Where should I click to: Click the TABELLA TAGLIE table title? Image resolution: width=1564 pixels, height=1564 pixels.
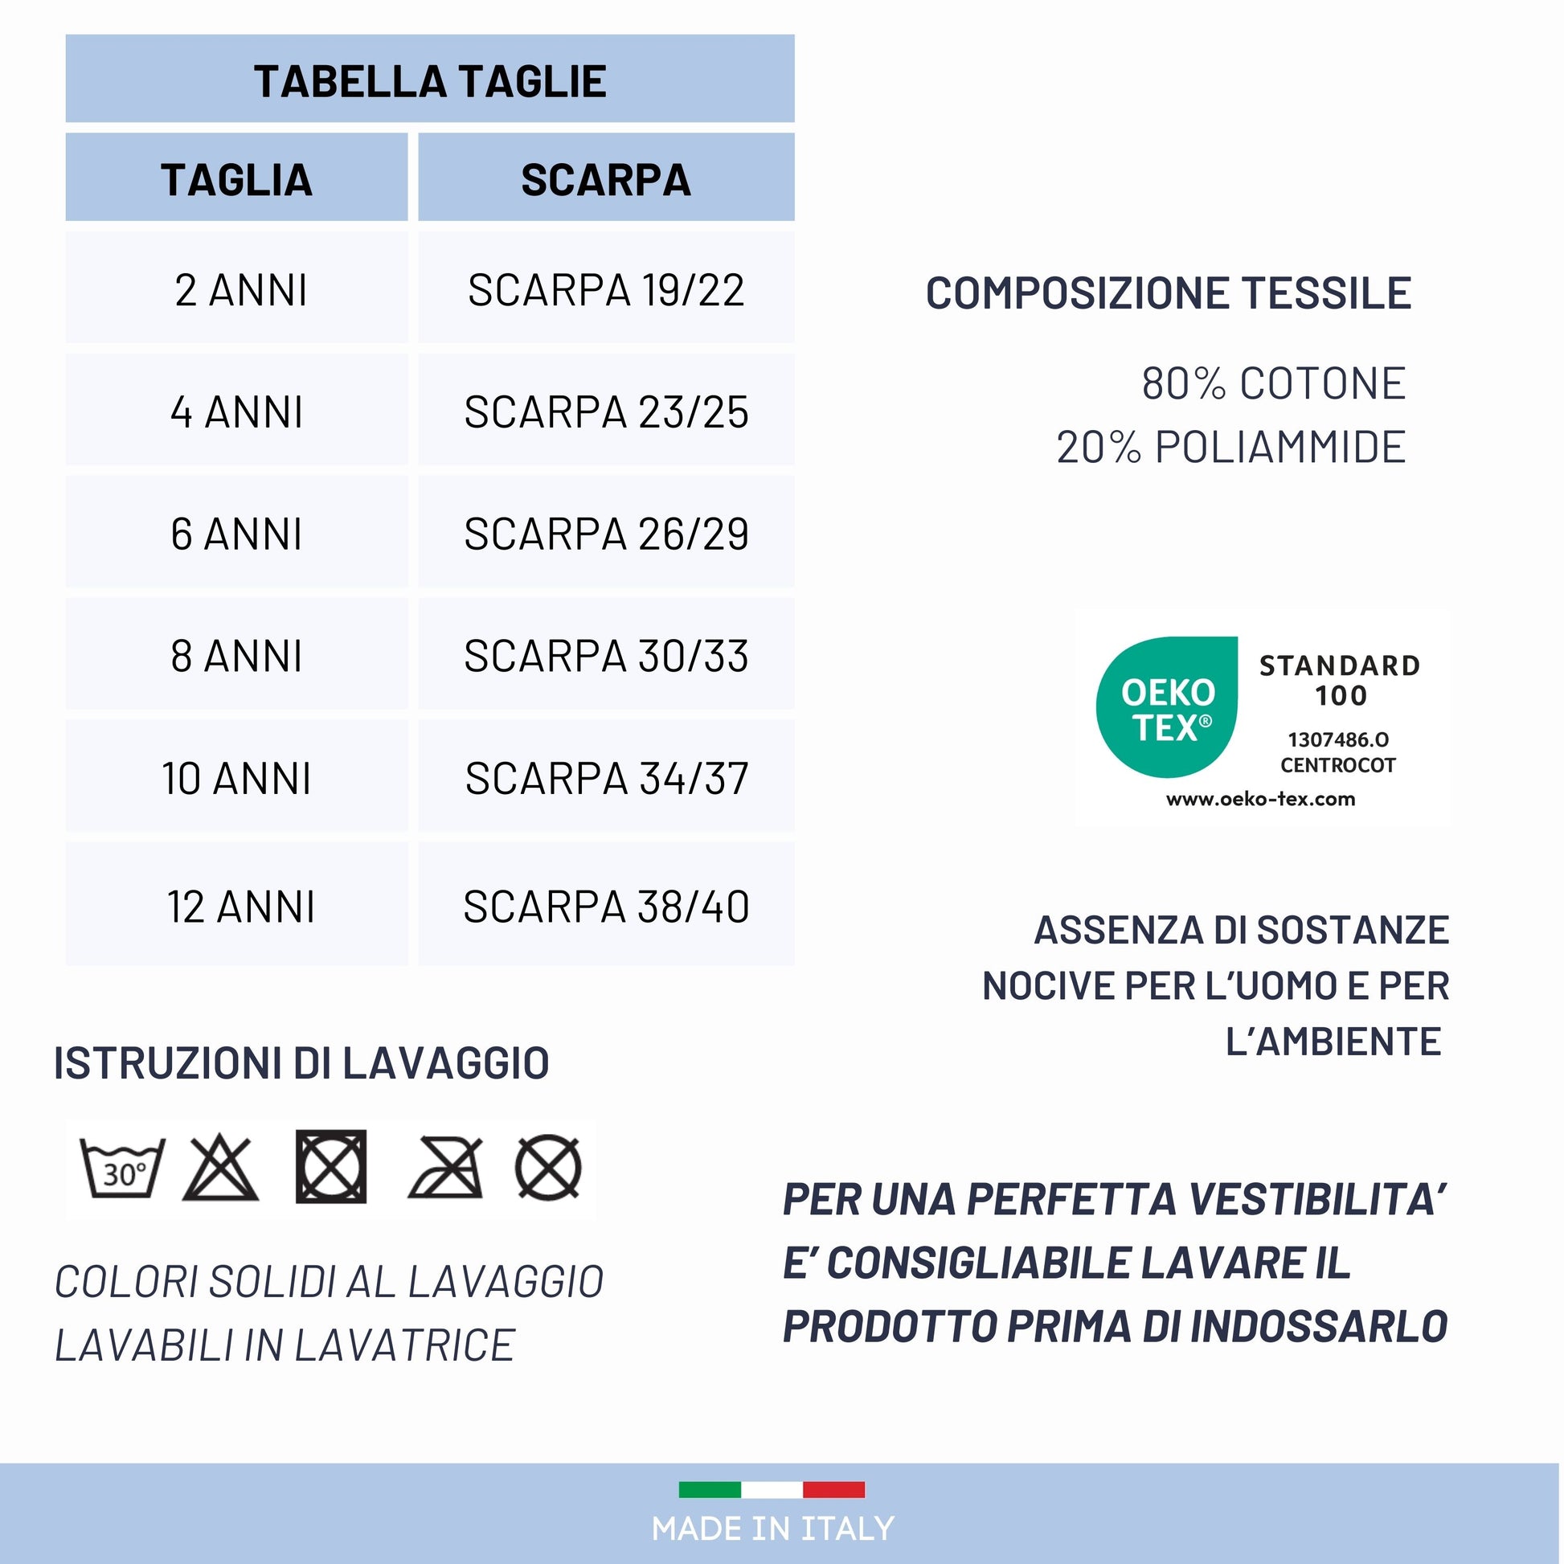pyautogui.click(x=430, y=81)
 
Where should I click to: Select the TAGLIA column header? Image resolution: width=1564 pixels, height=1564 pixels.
pyautogui.click(x=236, y=179)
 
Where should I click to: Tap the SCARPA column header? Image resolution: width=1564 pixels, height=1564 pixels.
pyautogui.click(x=605, y=179)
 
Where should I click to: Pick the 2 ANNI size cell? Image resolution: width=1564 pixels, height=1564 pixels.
pyautogui.click(x=240, y=290)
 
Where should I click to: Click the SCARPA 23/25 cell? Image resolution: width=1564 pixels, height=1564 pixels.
pyautogui.click(x=605, y=412)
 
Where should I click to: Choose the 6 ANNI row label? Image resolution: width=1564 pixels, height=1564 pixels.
pyautogui.click(x=236, y=534)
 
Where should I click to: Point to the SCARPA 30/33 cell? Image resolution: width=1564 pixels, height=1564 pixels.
pyautogui.click(x=605, y=656)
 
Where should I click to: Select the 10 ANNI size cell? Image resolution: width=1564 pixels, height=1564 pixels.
pyautogui.click(x=236, y=778)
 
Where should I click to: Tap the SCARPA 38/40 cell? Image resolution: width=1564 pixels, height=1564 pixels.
pyautogui.click(x=605, y=906)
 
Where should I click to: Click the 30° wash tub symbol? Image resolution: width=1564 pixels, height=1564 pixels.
pyautogui.click(x=122, y=1168)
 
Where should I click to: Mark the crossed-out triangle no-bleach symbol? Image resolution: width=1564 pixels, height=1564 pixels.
pyautogui.click(x=220, y=1168)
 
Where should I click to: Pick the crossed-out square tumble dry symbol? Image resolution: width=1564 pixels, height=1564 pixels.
pyautogui.click(x=331, y=1166)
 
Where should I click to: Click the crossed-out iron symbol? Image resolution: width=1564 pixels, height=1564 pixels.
pyautogui.click(x=446, y=1168)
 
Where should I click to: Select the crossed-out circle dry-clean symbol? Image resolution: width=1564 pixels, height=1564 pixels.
pyautogui.click(x=548, y=1168)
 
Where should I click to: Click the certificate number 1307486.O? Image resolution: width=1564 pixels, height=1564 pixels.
pyautogui.click(x=1338, y=739)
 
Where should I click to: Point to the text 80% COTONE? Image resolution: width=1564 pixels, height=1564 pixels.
pyautogui.click(x=1272, y=383)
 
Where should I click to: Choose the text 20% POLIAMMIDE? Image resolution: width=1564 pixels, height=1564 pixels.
pyautogui.click(x=1230, y=447)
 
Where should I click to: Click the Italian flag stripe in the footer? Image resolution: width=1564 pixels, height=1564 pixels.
pyautogui.click(x=772, y=1488)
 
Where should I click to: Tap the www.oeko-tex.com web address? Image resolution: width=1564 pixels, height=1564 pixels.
pyautogui.click(x=1260, y=800)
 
